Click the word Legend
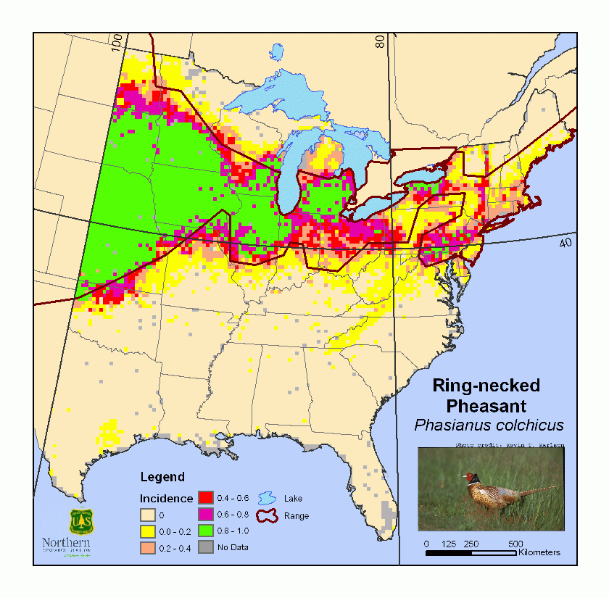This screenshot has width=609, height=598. point(162,477)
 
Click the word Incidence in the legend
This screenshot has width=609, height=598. point(166,499)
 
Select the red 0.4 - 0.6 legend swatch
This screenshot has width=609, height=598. point(206,498)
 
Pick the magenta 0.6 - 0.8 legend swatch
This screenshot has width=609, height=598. point(206,514)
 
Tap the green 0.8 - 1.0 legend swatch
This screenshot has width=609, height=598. point(206,531)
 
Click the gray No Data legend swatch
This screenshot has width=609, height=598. point(206,547)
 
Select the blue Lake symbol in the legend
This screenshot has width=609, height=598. point(266,498)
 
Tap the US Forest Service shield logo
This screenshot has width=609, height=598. point(81,521)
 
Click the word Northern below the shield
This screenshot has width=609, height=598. point(67,542)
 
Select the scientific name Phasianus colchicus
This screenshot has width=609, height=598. point(486,424)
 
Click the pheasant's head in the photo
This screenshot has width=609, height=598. point(473,477)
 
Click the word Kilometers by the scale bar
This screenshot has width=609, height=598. point(539,553)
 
